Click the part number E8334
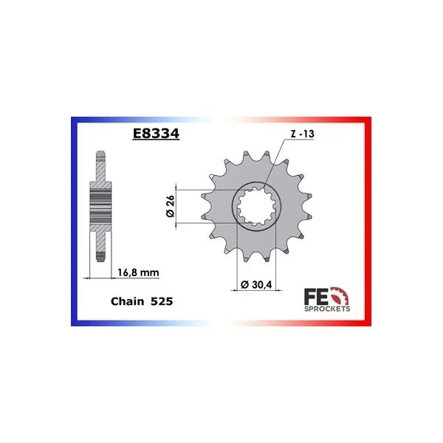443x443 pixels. click(156, 134)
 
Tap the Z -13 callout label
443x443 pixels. click(303, 134)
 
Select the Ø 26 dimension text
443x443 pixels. click(171, 206)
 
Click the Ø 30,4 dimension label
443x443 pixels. click(256, 284)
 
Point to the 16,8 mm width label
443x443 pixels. click(138, 272)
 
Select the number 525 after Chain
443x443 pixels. click(162, 301)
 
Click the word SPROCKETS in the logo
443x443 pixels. click(327, 309)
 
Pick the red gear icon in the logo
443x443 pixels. click(340, 296)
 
